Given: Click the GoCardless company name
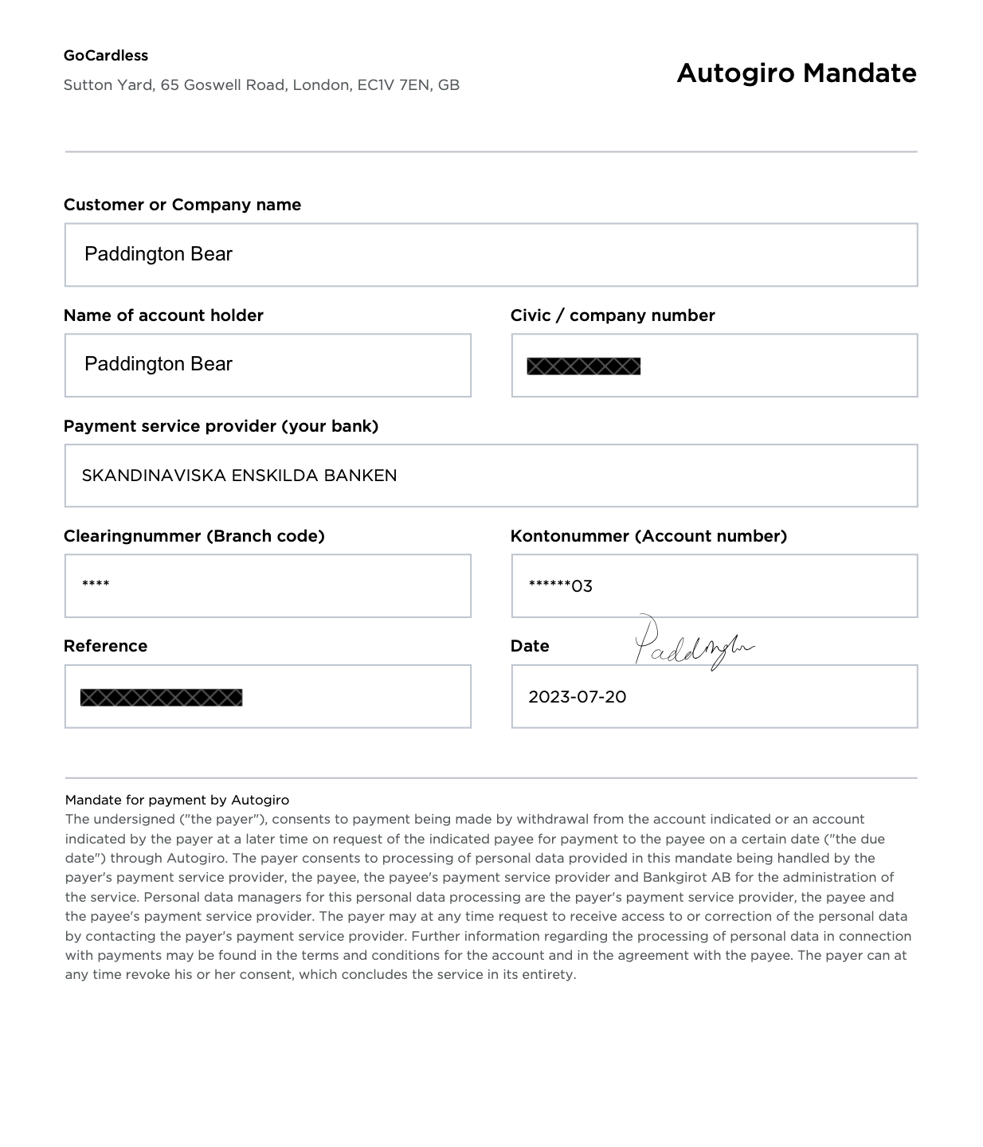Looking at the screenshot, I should pyautogui.click(x=106, y=56).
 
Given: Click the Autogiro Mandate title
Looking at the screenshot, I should pyautogui.click(x=796, y=73).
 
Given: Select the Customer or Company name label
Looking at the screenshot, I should pyautogui.click(x=182, y=205).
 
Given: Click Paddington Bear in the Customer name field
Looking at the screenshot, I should pyautogui.click(x=159, y=254).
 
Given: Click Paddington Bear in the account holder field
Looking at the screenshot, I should pyautogui.click(x=159, y=364).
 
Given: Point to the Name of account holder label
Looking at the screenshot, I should pyautogui.click(x=163, y=315).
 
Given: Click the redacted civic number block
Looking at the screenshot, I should pyautogui.click(x=584, y=366).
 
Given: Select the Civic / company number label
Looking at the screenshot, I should pyautogui.click(x=613, y=315).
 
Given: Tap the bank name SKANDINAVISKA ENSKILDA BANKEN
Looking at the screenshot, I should pyautogui.click(x=239, y=476).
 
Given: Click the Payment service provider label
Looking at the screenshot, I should pyautogui.click(x=221, y=426).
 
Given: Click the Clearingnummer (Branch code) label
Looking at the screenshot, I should pyautogui.click(x=194, y=536).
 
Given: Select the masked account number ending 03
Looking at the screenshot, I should pyautogui.click(x=561, y=586).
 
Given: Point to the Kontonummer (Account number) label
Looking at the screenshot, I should pyautogui.click(x=648, y=536).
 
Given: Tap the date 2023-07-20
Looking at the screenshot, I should pyautogui.click(x=578, y=697).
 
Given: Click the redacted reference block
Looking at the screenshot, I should pyautogui.click(x=161, y=698).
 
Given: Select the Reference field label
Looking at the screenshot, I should pyautogui.click(x=105, y=646).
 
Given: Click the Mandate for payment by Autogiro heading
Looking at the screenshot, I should pyautogui.click(x=177, y=800).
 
